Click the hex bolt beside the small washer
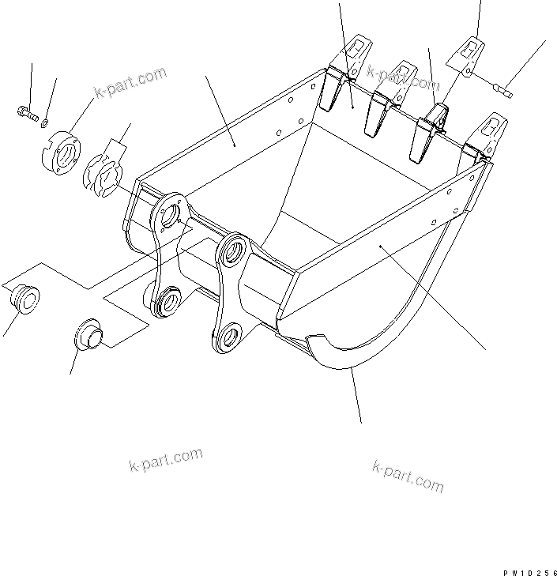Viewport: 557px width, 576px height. pos(26,115)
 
